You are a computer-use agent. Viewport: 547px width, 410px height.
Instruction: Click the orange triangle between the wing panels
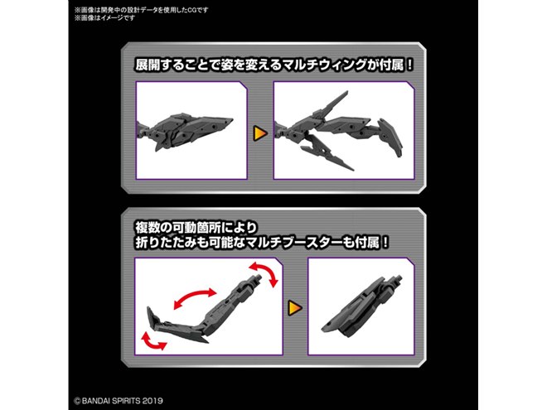(x=260, y=133)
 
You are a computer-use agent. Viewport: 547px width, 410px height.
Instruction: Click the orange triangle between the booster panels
(x=295, y=308)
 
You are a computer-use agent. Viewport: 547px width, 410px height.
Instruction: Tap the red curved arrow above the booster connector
(x=264, y=274)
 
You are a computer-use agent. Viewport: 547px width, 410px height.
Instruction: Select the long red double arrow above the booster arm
(x=195, y=299)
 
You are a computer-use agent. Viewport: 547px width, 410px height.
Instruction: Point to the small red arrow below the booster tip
(x=152, y=341)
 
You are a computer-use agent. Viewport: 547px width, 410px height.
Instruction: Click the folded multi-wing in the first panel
(x=185, y=132)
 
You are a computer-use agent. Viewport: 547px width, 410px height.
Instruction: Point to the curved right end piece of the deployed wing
(x=390, y=138)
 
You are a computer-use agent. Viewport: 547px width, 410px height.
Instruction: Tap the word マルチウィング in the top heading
(x=324, y=65)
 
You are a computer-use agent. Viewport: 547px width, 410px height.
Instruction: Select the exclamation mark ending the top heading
(x=409, y=65)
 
